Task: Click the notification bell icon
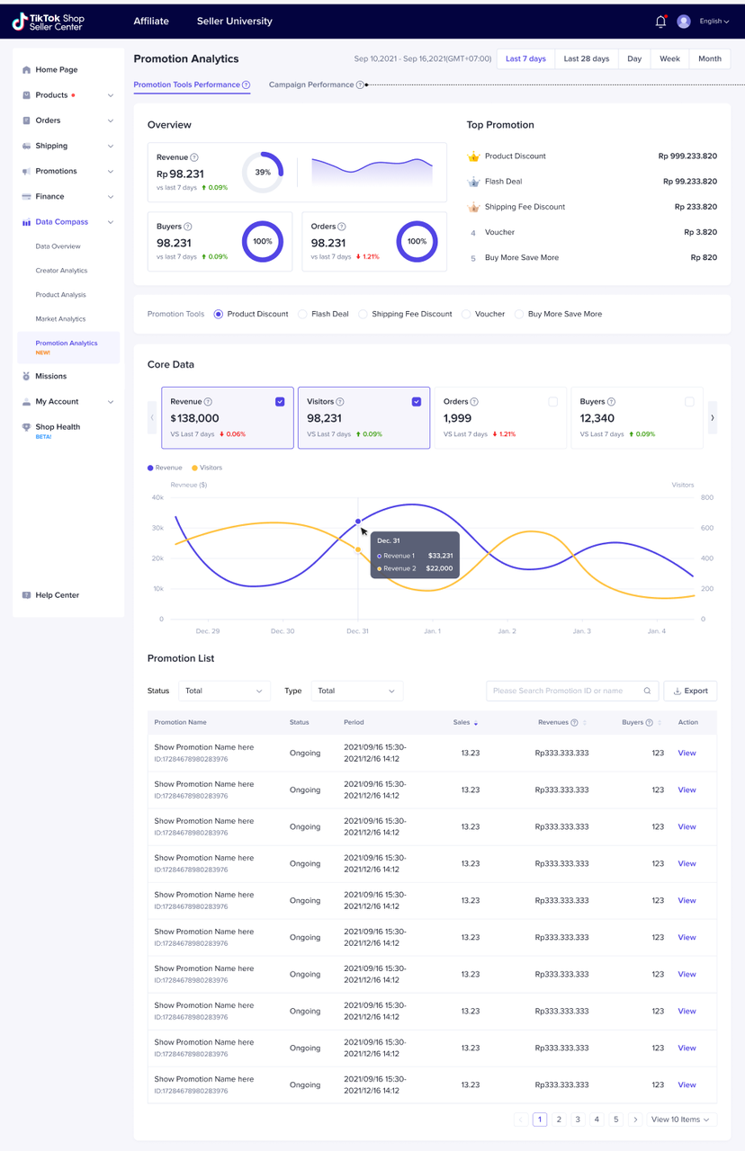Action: pyautogui.click(x=660, y=22)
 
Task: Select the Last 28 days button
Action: pyautogui.click(x=586, y=59)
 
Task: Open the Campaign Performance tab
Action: pyautogui.click(x=311, y=85)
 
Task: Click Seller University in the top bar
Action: pyautogui.click(x=234, y=22)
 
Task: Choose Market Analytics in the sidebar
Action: pyautogui.click(x=60, y=319)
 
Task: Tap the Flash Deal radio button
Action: pyautogui.click(x=303, y=315)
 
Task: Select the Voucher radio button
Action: pyautogui.click(x=466, y=315)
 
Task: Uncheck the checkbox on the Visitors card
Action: pyautogui.click(x=417, y=402)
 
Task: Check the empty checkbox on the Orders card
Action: pyautogui.click(x=552, y=402)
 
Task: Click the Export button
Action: pyautogui.click(x=690, y=691)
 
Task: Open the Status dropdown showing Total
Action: pyautogui.click(x=224, y=691)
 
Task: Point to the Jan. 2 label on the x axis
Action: pyautogui.click(x=507, y=631)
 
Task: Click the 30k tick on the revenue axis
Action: pyautogui.click(x=157, y=528)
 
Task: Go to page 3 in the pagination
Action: pyautogui.click(x=578, y=1120)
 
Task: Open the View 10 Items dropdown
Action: pyautogui.click(x=681, y=1120)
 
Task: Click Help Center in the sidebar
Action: pyautogui.click(x=57, y=595)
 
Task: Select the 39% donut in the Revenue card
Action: pyautogui.click(x=263, y=172)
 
